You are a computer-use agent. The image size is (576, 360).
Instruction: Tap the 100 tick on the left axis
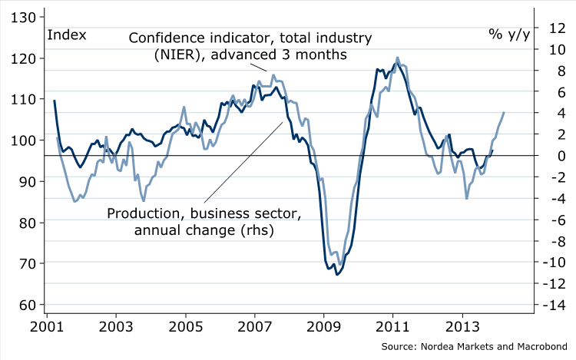(x=22, y=140)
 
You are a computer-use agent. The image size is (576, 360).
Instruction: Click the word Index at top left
(x=68, y=34)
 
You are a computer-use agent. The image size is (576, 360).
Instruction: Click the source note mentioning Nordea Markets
(x=477, y=347)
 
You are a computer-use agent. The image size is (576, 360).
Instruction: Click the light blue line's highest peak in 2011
(x=397, y=57)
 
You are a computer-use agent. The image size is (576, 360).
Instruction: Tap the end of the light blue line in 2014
(x=504, y=113)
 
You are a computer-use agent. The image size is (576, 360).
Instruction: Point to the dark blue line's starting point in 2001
(x=54, y=101)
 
